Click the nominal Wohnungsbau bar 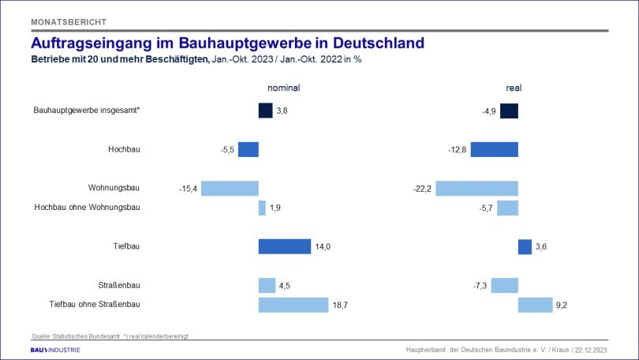tap(230, 188)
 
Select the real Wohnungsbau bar tap(476, 188)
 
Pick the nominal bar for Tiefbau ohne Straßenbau tap(293, 305)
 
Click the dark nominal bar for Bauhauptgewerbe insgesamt tap(265, 111)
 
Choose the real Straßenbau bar tap(504, 285)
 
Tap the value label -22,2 tap(422, 188)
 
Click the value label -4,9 tap(488, 111)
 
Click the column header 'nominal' tap(284, 88)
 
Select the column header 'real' tap(514, 88)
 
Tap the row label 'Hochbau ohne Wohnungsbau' tap(87, 207)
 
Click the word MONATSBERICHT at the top tap(68, 21)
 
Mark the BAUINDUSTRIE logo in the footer tap(54, 349)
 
